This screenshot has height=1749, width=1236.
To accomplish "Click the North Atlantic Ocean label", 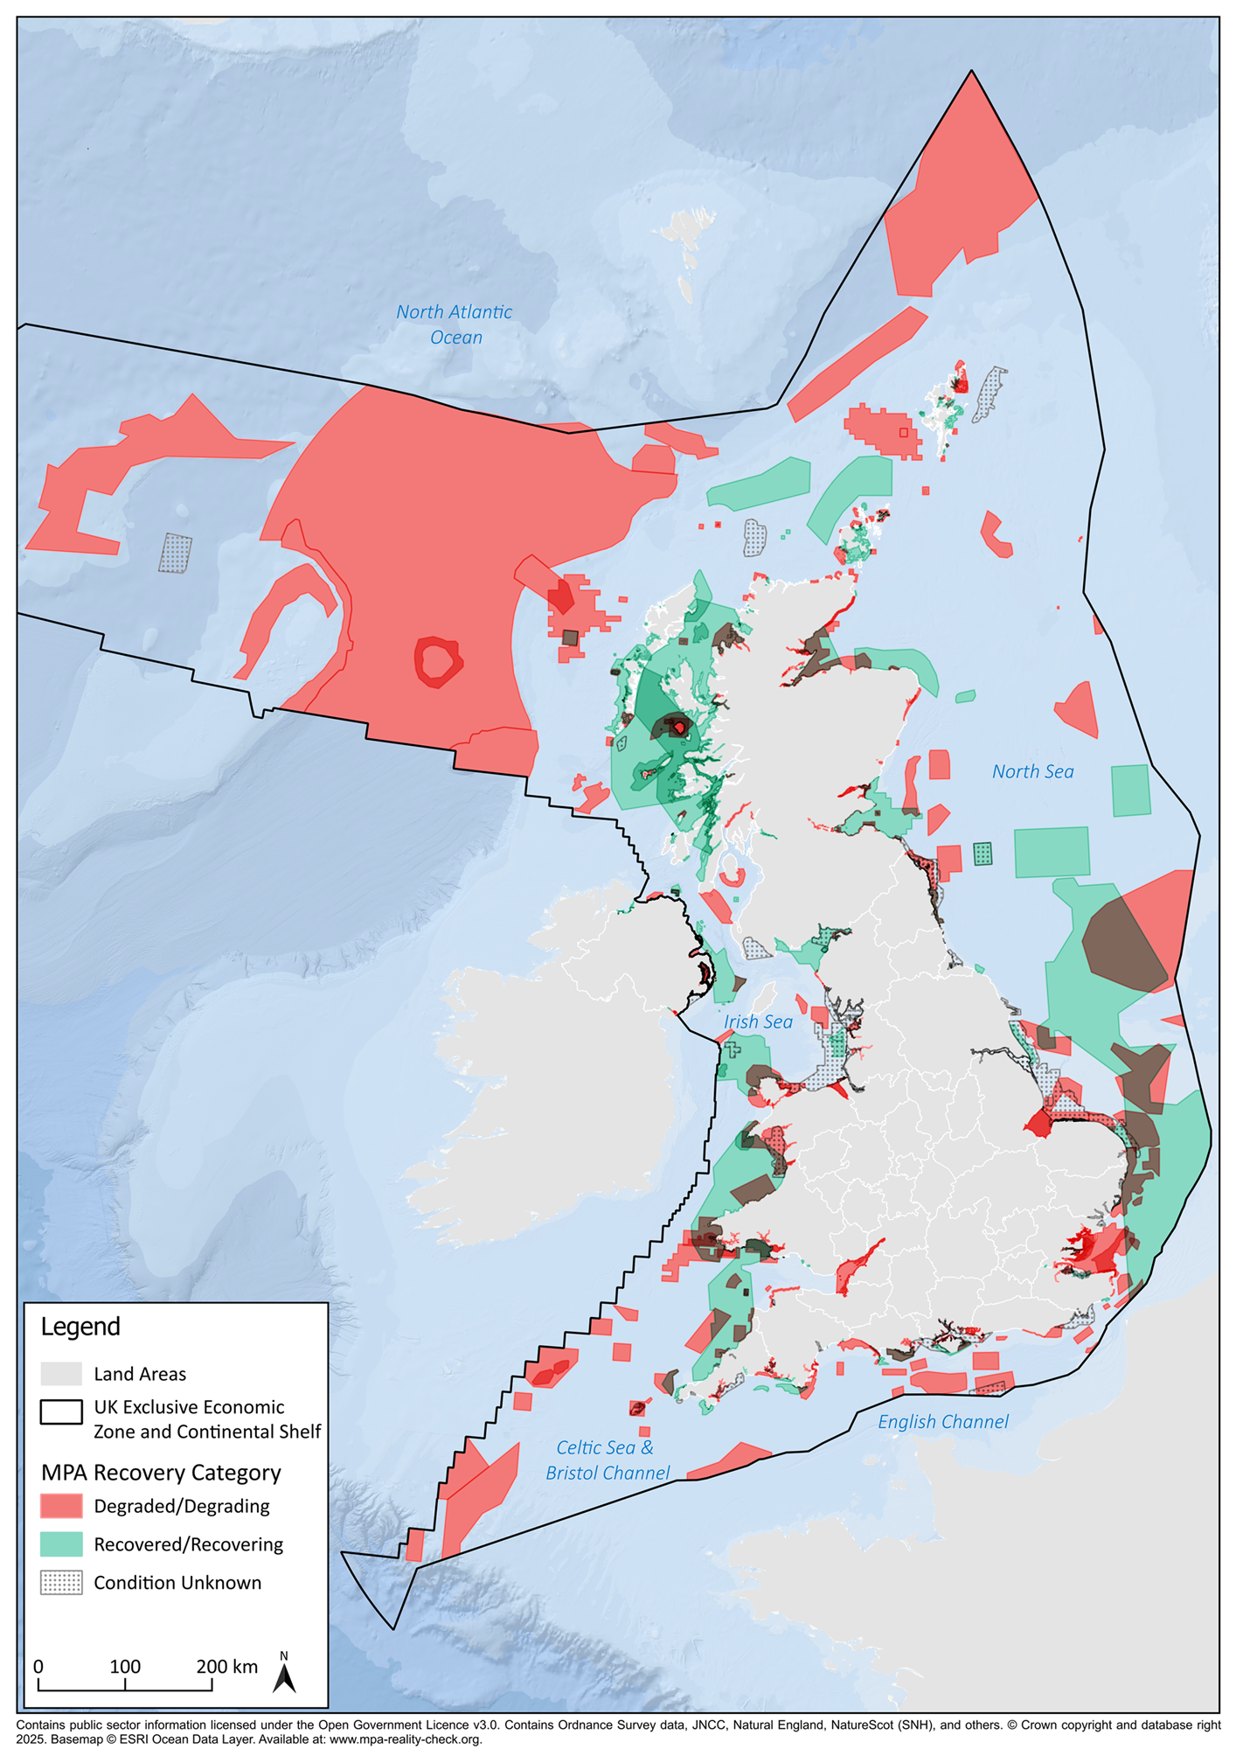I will point(454,324).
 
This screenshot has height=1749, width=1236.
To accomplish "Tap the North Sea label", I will point(1032,771).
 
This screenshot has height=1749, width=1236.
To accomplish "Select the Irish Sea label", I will point(758,1021).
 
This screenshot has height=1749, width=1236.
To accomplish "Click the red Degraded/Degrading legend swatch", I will point(61,1506).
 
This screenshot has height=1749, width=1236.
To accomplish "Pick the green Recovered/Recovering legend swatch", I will point(61,1544).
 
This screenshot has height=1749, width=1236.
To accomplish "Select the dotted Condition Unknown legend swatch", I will point(61,1583).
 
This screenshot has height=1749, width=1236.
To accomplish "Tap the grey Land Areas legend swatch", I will point(61,1374).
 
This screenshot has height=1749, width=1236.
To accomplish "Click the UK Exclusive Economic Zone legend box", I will point(61,1412).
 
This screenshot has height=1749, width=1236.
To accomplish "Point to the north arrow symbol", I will point(284,1676).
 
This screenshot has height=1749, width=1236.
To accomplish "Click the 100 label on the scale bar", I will point(125,1666).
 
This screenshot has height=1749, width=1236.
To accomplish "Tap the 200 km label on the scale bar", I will point(226,1666).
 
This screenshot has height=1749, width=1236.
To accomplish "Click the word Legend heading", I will point(80,1327).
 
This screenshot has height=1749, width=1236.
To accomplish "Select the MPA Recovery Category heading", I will point(161,1473).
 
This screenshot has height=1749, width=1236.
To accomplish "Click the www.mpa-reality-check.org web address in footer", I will point(406,1739).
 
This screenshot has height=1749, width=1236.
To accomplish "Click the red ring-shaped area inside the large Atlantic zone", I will point(438,662).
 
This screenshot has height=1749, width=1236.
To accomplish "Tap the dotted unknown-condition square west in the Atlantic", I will point(176,554).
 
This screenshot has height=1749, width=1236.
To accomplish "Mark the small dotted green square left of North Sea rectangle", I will point(983,854).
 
